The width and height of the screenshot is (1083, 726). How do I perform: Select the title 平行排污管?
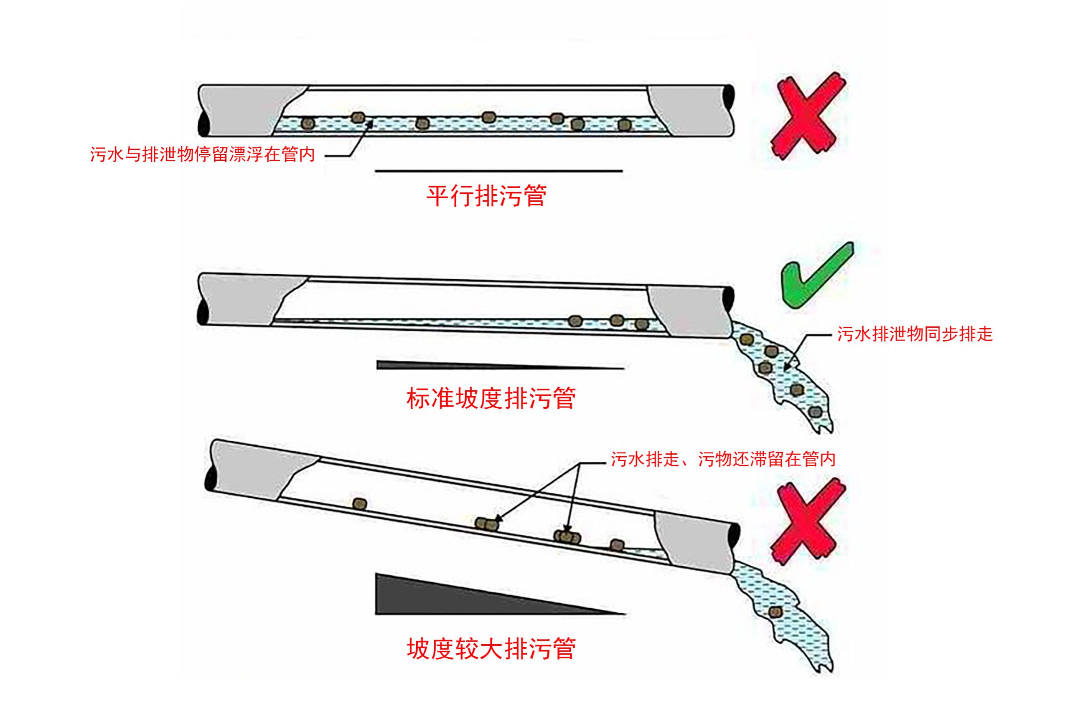486,196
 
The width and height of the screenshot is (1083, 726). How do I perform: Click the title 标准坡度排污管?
491,398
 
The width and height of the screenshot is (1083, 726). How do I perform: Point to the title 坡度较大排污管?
491,648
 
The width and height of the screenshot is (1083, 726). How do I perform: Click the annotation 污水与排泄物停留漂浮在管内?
203,154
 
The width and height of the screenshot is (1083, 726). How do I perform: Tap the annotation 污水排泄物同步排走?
914,334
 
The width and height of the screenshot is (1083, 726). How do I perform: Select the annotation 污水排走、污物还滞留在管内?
723,459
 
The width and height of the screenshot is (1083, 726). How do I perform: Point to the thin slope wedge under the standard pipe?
463,366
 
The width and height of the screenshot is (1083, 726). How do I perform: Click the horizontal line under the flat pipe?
498,171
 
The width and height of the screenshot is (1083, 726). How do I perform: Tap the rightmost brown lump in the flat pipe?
625,124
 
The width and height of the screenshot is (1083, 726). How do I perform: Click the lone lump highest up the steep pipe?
360,504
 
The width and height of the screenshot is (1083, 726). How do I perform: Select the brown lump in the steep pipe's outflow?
775,612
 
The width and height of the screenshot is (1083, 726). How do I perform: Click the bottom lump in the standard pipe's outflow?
814,411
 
